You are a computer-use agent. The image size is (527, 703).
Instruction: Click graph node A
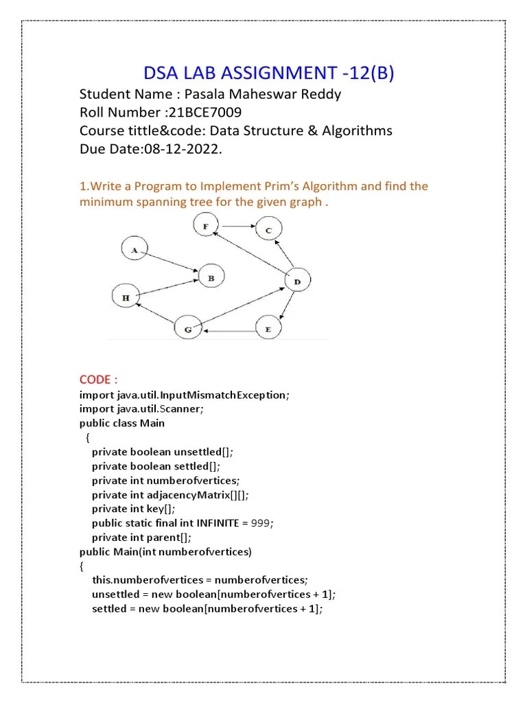134,250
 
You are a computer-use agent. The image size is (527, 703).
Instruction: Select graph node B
211,277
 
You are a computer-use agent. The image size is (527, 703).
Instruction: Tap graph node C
268,230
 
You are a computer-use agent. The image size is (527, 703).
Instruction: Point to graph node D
296,281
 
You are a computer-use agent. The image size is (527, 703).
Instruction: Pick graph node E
268,329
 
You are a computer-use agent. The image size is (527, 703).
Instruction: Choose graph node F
205,224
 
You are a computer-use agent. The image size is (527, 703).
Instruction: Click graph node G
187,330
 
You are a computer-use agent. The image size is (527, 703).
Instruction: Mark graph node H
126,297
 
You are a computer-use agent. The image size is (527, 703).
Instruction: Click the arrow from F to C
237,226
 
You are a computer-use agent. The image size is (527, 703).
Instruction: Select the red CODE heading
99,380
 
